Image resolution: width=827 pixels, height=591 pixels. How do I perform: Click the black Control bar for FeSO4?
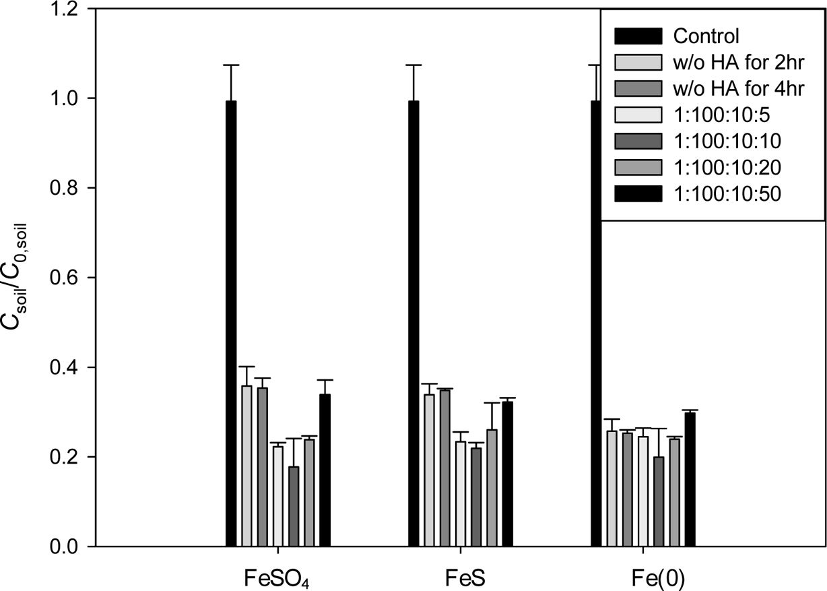(231, 323)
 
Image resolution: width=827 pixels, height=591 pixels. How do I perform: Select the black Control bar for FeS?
(413, 323)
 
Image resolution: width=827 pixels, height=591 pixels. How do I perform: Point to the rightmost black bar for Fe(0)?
(690, 479)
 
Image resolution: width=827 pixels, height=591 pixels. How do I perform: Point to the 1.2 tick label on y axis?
(64, 9)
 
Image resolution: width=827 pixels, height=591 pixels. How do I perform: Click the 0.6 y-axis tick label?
(64, 278)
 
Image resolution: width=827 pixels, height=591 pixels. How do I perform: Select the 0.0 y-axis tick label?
(64, 547)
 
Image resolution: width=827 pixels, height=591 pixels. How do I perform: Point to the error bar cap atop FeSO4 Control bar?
(231, 65)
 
